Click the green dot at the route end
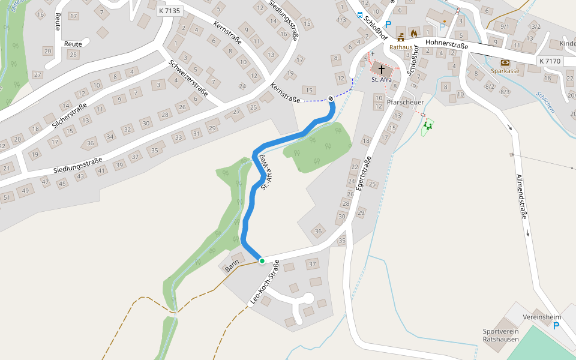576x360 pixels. tap(262, 260)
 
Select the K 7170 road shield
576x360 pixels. tap(550, 61)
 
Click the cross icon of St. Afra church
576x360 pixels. tap(382, 70)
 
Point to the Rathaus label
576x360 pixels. tap(401, 46)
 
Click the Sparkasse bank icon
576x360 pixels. tap(505, 62)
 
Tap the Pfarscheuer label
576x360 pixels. tap(406, 103)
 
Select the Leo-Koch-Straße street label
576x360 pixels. tap(264, 282)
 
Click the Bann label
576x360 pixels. tap(232, 266)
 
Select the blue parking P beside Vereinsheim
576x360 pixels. tap(556, 326)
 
